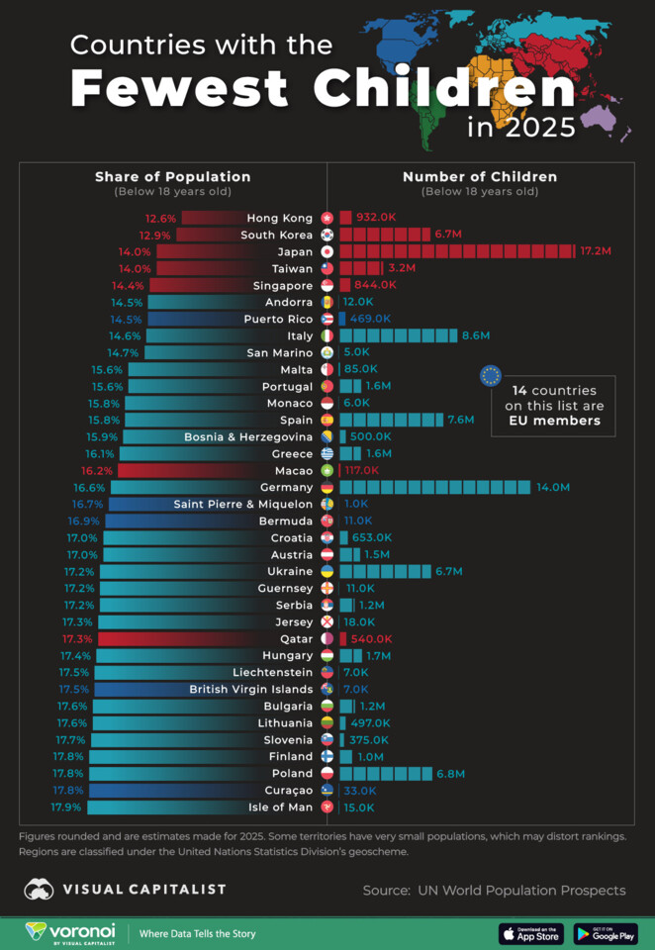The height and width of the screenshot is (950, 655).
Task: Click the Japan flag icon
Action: pyautogui.click(x=327, y=251)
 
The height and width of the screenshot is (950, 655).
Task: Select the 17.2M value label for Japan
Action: pyautogui.click(x=595, y=251)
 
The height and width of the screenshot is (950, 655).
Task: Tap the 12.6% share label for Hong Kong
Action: pyautogui.click(x=160, y=218)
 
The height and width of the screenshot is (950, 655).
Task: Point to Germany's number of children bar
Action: pyautogui.click(x=434, y=487)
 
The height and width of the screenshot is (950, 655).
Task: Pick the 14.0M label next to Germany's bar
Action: pyautogui.click(x=553, y=487)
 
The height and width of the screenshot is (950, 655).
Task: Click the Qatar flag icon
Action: pyautogui.click(x=327, y=638)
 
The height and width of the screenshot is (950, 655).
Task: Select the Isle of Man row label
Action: pyautogui.click(x=281, y=807)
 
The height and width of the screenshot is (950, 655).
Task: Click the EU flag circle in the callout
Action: pyautogui.click(x=490, y=375)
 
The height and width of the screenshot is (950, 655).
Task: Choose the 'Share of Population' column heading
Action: pyautogui.click(x=172, y=176)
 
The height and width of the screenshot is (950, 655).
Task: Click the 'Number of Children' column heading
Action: pyautogui.click(x=480, y=176)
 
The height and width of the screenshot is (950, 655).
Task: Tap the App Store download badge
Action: pyautogui.click(x=531, y=933)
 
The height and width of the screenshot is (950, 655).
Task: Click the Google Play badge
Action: pyautogui.click(x=605, y=933)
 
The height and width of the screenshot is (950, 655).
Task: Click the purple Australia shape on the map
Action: pyautogui.click(x=599, y=118)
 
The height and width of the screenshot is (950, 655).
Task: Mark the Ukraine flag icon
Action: pyautogui.click(x=327, y=571)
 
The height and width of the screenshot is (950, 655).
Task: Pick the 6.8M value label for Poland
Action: pyautogui.click(x=450, y=773)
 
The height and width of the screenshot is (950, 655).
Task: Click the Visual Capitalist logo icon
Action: pyautogui.click(x=40, y=890)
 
